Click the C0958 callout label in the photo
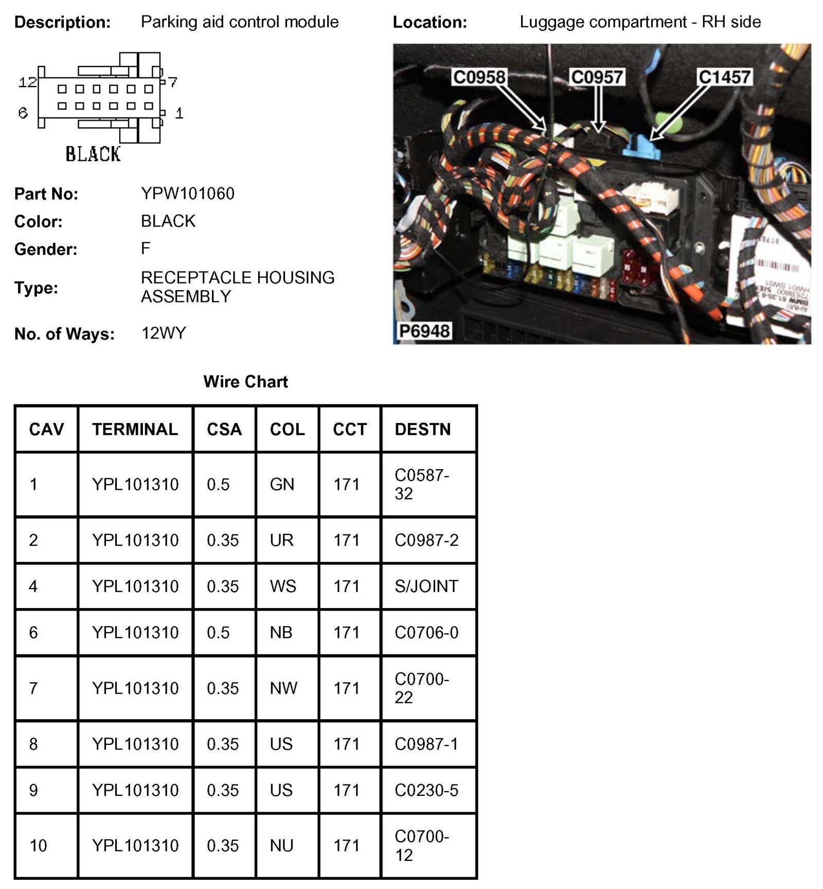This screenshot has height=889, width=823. coord(479,77)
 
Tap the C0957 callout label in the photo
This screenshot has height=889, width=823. coord(597,77)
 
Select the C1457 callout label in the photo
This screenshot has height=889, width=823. coord(724,77)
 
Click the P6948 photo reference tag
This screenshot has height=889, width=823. coord(424,331)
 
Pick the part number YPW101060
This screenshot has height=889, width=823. coord(187,193)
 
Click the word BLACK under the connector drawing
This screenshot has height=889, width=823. coord(93,154)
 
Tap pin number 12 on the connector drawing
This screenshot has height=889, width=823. coord(27,82)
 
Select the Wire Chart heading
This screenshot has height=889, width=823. coord(245,382)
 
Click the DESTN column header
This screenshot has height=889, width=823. coord(422,429)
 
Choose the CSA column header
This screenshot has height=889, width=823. coord(224,429)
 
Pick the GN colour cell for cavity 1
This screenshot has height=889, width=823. coord(282,484)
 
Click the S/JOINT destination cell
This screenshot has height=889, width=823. coord(426,586)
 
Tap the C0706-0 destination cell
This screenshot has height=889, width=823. coord(426,632)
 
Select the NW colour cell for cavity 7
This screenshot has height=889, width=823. coord(283,688)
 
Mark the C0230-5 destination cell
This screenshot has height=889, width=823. coord(426,790)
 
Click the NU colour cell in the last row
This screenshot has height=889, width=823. coord(281,845)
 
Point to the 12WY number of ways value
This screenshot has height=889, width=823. coord(164,333)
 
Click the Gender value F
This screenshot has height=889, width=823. coord(146,248)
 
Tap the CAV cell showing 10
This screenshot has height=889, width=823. coord(38,845)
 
